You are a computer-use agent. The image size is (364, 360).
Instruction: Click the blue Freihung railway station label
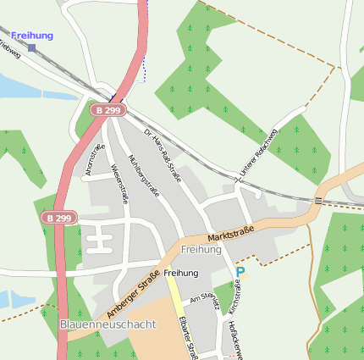click(x=32, y=36)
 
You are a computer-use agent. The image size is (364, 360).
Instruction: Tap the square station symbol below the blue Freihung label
click(x=32, y=48)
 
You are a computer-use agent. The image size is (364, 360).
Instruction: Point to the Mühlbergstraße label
click(x=143, y=174)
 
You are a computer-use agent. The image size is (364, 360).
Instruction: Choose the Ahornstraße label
click(x=95, y=160)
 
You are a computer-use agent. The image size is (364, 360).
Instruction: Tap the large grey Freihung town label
click(x=201, y=250)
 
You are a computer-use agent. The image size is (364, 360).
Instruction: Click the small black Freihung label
click(x=181, y=273)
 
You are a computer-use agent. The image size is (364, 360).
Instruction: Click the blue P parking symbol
click(x=240, y=272)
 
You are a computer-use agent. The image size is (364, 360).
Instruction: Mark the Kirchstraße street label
click(x=235, y=296)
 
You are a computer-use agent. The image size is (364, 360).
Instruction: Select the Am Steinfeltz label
click(x=206, y=303)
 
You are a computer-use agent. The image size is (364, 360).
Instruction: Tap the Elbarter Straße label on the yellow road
click(x=188, y=339)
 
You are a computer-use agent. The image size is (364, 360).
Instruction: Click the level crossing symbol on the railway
click(x=318, y=201)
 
